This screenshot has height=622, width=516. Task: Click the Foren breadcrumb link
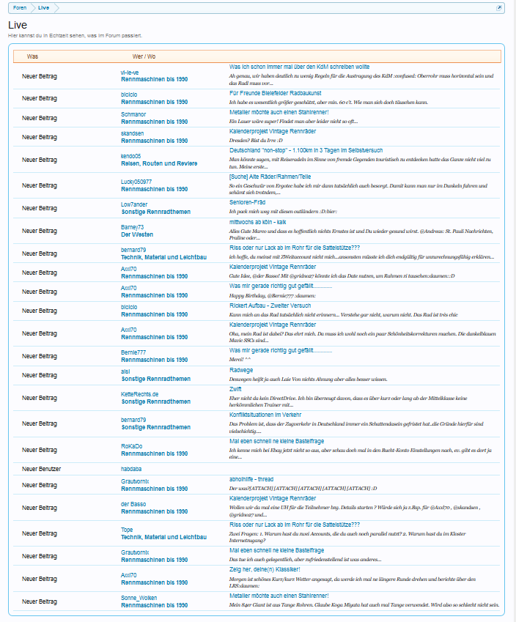click(20, 7)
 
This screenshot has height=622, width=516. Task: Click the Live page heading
click(18, 26)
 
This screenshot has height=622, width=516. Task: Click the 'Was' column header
click(32, 56)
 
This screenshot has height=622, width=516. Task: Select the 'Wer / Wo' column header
click(144, 56)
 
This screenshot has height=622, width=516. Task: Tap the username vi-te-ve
click(130, 73)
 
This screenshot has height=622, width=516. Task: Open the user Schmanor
click(133, 114)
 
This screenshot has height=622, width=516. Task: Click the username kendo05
click(132, 156)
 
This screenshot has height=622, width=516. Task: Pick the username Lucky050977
click(136, 181)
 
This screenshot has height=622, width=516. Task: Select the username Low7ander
click(134, 204)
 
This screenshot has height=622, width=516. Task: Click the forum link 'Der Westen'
click(137, 234)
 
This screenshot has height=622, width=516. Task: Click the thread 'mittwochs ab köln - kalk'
click(262, 221)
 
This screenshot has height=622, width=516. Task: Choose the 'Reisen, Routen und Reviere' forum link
click(163, 163)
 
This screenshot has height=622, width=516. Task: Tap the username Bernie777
click(133, 352)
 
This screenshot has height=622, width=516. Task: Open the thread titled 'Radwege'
click(241, 370)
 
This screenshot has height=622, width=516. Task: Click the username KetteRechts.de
click(139, 394)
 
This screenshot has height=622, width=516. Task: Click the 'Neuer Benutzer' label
click(42, 467)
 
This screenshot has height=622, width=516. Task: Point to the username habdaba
click(132, 467)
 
